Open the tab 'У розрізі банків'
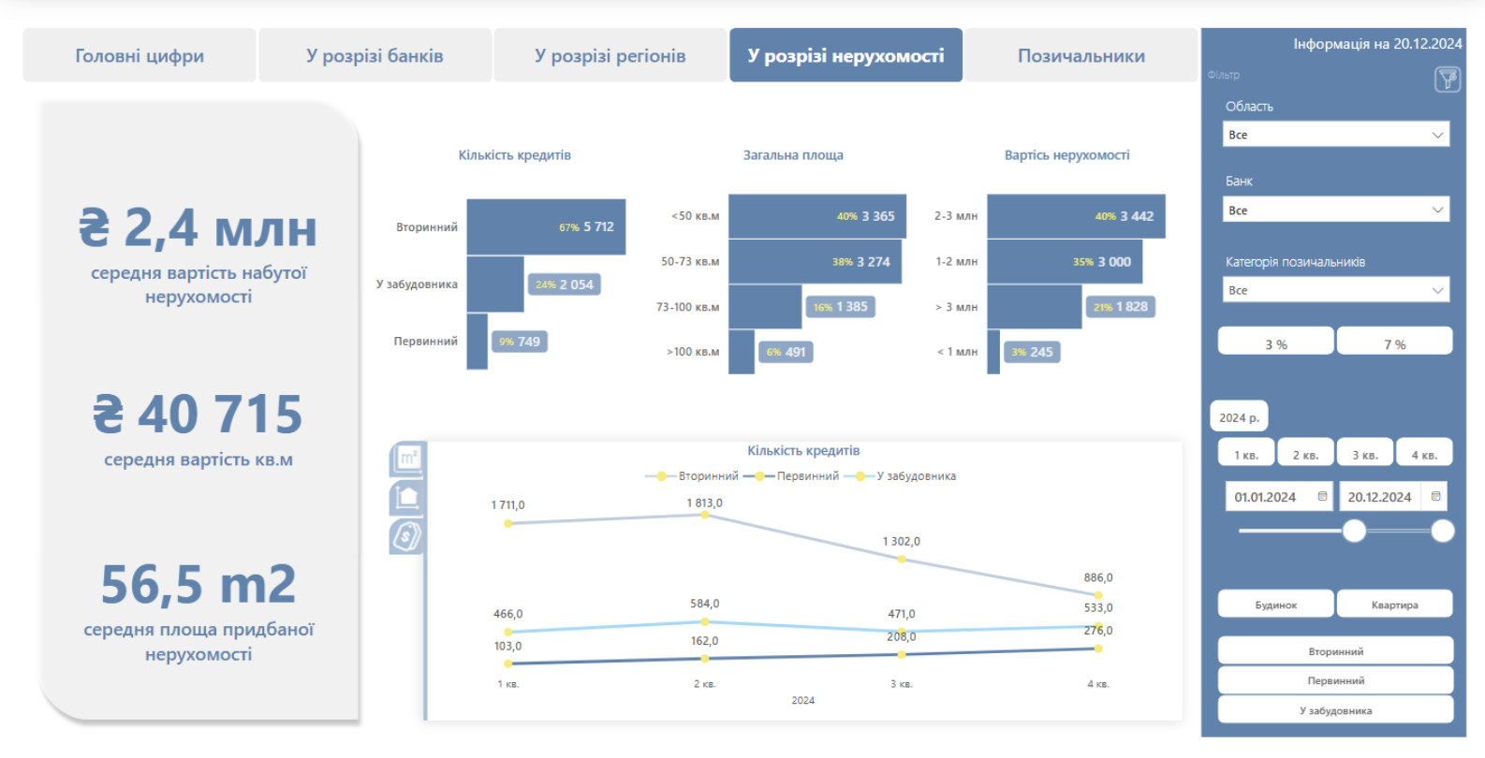[375, 56]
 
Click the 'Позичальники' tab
[1081, 56]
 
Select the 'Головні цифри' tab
[140, 56]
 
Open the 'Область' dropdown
[1336, 135]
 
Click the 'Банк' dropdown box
[1336, 211]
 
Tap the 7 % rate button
[1394, 344]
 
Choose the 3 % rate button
[1275, 344]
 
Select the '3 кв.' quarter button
[1364, 455]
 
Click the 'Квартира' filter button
[1394, 605]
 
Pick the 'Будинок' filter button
[1275, 605]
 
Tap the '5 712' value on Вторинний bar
[598, 226]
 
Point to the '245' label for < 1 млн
[1041, 352]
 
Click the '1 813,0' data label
[704, 503]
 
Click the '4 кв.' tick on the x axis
[1097, 684]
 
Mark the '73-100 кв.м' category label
[687, 307]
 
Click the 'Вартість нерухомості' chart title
[1066, 155]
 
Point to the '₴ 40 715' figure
[198, 414]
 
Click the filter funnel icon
[1448, 80]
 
